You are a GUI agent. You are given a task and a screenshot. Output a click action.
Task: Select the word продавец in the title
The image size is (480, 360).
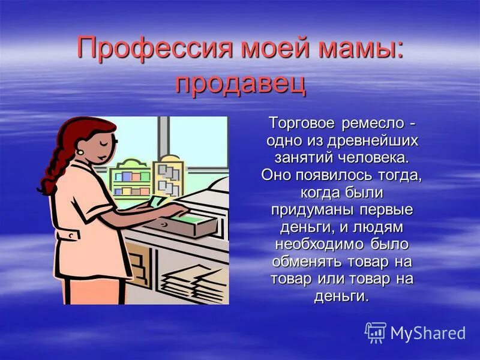(240, 83)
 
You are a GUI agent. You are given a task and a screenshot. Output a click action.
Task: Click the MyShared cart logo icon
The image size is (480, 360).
(376, 332)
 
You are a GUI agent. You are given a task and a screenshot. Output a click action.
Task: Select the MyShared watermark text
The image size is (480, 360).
(428, 333)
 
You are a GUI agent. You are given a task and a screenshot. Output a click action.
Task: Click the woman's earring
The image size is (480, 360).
(80, 151)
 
